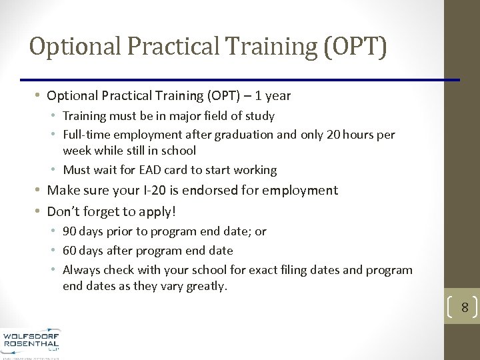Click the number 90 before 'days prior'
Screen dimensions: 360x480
coord(69,231)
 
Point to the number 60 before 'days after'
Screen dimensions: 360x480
coord(69,251)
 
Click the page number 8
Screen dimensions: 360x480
coord(465,308)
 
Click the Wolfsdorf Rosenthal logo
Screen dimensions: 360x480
coord(31,342)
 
